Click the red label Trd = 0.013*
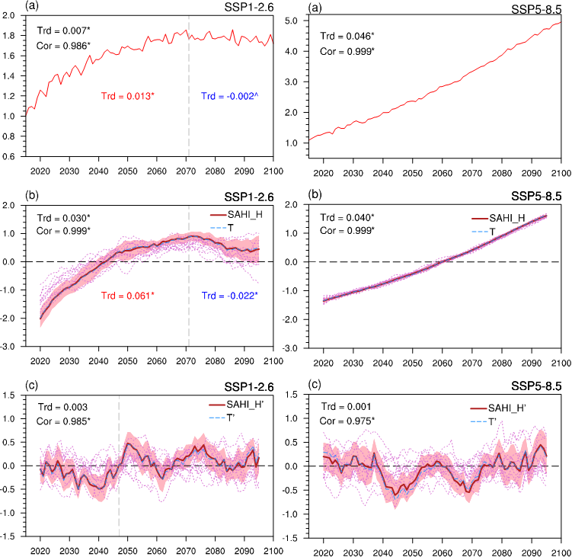(x=128, y=97)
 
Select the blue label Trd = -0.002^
(x=225, y=97)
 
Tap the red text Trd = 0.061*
(x=128, y=296)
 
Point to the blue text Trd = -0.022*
(x=230, y=296)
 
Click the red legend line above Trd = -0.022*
(x=218, y=215)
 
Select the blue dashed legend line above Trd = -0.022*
(x=218, y=227)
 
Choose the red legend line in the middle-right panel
(x=480, y=219)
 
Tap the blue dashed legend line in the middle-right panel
(x=480, y=231)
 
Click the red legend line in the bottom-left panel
(x=217, y=405)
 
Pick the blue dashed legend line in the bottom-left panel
(x=217, y=418)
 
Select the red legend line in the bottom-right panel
(x=478, y=409)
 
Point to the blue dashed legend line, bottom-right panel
(x=478, y=421)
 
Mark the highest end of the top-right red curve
(x=560, y=23)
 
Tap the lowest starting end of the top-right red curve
(x=310, y=140)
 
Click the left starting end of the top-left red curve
(x=27, y=114)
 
